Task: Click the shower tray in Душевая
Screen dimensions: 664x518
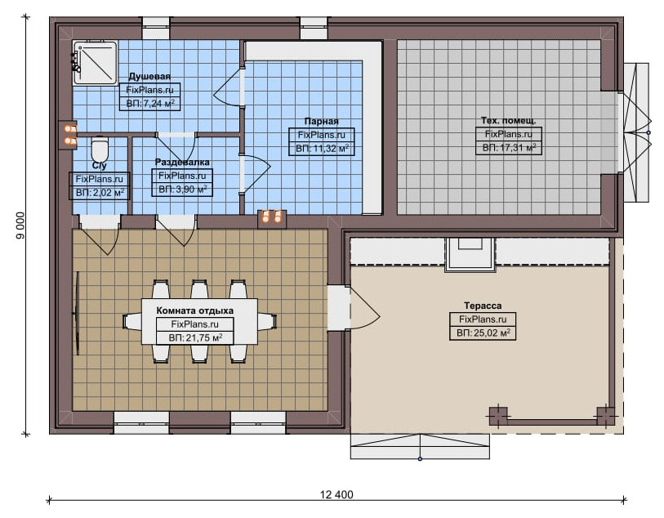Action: [95, 62]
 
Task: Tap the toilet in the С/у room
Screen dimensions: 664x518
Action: [100, 149]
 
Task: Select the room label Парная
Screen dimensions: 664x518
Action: [322, 122]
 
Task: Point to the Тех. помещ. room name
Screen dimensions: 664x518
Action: [508, 121]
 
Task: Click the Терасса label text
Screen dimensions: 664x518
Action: [483, 306]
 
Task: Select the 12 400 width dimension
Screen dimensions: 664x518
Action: [336, 494]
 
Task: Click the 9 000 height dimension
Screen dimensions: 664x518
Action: [20, 225]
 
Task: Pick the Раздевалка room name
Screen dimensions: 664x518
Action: [182, 163]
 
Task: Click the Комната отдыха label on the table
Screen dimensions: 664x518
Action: [195, 311]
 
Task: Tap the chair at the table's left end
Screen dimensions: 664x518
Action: [132, 321]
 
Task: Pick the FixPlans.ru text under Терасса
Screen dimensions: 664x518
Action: [483, 319]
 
